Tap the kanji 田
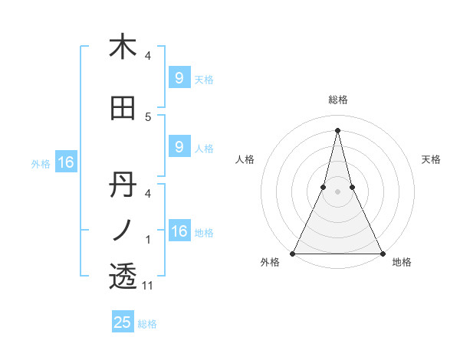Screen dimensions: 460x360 coord(123,109)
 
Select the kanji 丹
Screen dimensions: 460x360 coord(123,185)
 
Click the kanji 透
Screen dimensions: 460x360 coord(123,276)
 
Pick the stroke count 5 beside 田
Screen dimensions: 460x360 coord(148,117)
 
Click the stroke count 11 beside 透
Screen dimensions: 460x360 coord(149,286)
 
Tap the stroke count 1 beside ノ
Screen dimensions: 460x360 coord(148,240)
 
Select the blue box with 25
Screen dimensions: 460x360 coord(123,322)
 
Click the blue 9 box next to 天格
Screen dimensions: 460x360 coord(179,78)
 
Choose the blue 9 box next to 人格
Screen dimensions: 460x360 coord(179,147)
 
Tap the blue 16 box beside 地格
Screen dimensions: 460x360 coord(179,231)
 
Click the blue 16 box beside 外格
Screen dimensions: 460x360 coord(65,162)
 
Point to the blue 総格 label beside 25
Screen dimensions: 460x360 coord(147,324)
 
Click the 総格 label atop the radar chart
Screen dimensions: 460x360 coord(337,100)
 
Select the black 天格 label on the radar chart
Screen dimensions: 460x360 coord(431,159)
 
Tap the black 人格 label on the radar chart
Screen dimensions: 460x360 coord(245,159)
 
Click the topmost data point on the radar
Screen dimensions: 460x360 coord(337,130)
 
